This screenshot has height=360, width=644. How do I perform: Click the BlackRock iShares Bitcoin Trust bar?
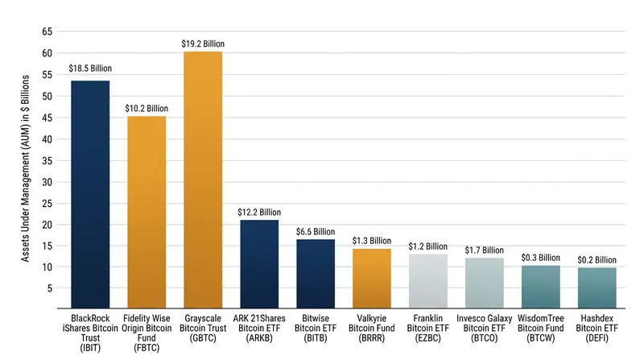tap(90, 194)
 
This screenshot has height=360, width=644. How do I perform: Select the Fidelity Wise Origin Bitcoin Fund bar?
tap(147, 212)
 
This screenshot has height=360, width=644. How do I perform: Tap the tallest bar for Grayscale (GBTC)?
tap(203, 180)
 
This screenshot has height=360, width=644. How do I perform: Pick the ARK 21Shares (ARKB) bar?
tap(259, 264)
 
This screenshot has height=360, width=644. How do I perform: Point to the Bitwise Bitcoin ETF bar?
tap(316, 274)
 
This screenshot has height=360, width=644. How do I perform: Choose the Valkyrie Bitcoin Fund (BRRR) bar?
tap(372, 279)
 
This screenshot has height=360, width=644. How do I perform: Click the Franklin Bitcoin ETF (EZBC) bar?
tap(428, 281)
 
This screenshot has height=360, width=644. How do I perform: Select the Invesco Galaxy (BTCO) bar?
tap(485, 283)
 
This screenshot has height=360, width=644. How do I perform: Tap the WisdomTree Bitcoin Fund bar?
tap(540, 287)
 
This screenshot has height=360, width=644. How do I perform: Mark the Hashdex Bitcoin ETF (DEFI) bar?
tap(597, 288)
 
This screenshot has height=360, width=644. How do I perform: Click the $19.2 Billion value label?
tap(203, 43)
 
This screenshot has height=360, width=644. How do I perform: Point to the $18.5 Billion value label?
tap(90, 68)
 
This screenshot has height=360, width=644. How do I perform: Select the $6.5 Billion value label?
tap(316, 232)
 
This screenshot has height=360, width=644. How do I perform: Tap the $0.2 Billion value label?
tap(597, 259)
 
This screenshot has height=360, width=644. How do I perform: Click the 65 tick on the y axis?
tap(47, 31)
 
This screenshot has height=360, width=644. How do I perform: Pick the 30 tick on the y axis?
tap(47, 182)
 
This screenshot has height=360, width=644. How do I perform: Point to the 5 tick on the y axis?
tap(50, 288)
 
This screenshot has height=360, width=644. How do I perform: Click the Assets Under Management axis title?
tap(26, 168)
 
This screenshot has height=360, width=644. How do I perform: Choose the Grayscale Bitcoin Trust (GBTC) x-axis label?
tap(203, 328)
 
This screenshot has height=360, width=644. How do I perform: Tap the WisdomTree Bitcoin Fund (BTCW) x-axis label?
tap(540, 328)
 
